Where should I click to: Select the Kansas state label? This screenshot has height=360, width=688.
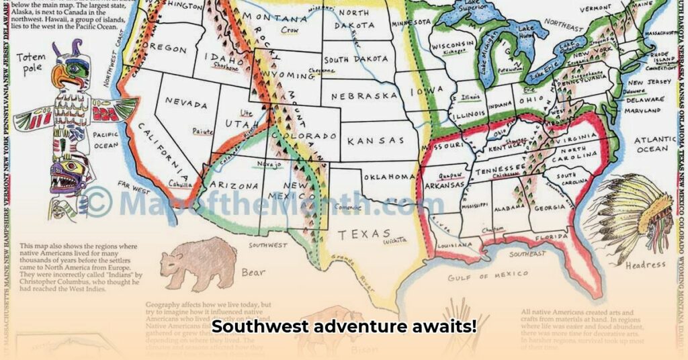(x=376, y=141)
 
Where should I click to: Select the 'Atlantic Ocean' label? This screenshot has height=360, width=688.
(x=652, y=144)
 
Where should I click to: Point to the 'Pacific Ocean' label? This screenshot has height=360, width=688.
(x=106, y=140)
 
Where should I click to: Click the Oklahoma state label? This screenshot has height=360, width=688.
(x=390, y=177)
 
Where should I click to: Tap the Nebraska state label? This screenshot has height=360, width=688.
(x=364, y=96)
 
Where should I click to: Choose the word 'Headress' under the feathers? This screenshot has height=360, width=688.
(x=645, y=265)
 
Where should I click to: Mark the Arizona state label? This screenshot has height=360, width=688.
(x=234, y=185)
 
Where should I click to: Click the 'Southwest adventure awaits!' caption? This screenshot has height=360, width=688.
(x=344, y=327)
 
